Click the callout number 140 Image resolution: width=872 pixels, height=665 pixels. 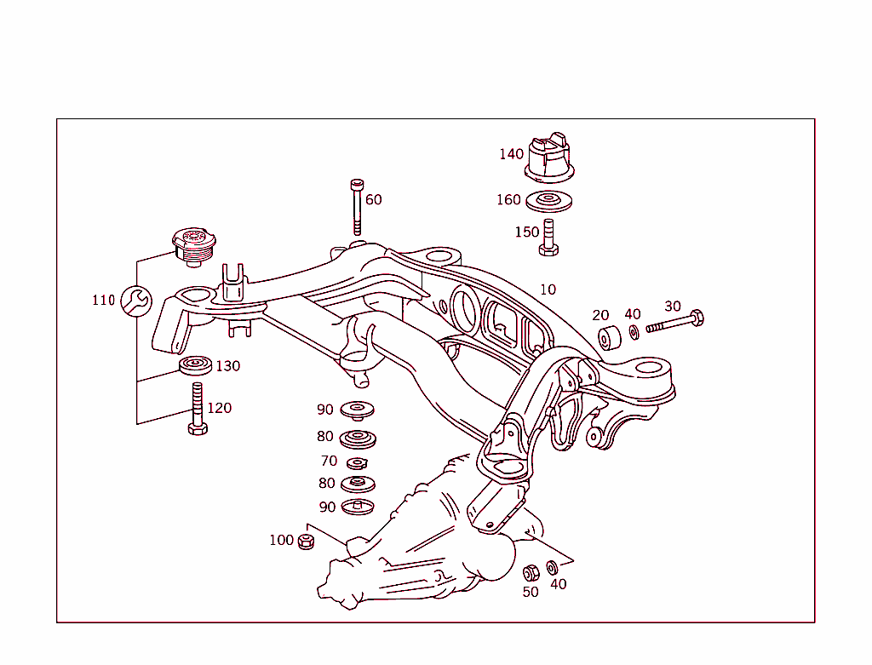(x=512, y=154)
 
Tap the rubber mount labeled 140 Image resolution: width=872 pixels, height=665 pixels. (x=549, y=158)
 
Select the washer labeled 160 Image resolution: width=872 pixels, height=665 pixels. (x=549, y=202)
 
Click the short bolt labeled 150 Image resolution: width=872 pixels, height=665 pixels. (x=548, y=237)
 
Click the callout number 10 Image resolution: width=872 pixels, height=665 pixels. (x=548, y=290)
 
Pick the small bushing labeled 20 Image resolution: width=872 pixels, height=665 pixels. (x=608, y=337)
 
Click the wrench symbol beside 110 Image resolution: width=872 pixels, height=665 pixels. (x=136, y=300)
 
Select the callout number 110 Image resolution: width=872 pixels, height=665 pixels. (x=103, y=300)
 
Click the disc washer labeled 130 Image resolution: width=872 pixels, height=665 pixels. (x=196, y=367)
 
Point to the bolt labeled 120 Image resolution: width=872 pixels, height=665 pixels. (x=197, y=410)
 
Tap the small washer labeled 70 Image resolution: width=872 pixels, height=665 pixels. (x=357, y=462)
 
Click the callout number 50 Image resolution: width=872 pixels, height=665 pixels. (x=531, y=592)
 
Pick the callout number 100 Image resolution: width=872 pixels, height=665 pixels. (x=281, y=541)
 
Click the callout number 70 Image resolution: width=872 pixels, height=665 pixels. (x=329, y=461)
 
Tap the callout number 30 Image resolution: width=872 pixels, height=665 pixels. (x=673, y=307)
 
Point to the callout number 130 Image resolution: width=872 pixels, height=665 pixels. (x=228, y=366)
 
